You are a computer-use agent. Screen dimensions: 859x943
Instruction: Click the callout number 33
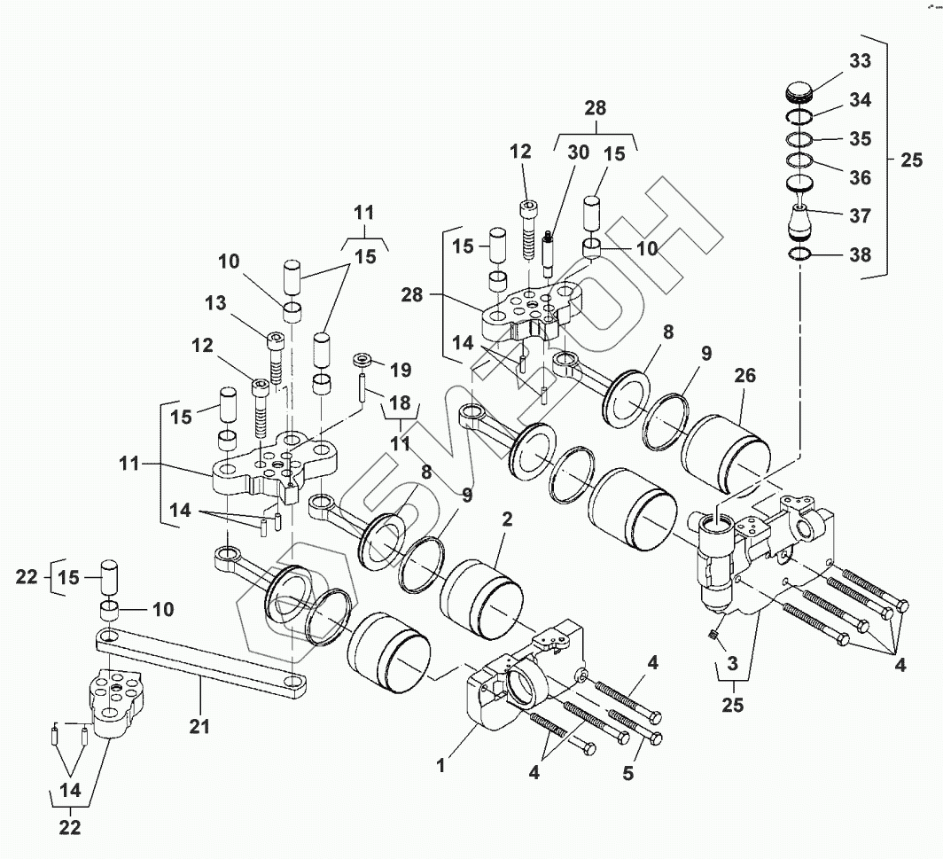859,61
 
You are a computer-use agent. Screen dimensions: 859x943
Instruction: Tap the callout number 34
859,100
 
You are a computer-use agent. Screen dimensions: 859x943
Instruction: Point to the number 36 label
859,177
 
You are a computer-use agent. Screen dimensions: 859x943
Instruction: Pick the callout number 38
859,255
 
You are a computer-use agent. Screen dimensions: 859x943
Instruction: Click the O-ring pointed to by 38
802,256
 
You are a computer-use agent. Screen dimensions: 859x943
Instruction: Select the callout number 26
745,376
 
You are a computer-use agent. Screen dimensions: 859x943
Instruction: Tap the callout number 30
578,152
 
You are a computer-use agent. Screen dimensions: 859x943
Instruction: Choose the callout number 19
401,367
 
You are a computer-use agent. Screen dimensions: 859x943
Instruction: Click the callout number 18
400,404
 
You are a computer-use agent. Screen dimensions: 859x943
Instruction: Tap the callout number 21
199,727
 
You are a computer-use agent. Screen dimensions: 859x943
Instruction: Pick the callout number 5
627,772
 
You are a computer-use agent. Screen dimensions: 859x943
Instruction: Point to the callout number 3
732,664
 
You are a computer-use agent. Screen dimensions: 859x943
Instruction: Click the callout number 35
859,139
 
